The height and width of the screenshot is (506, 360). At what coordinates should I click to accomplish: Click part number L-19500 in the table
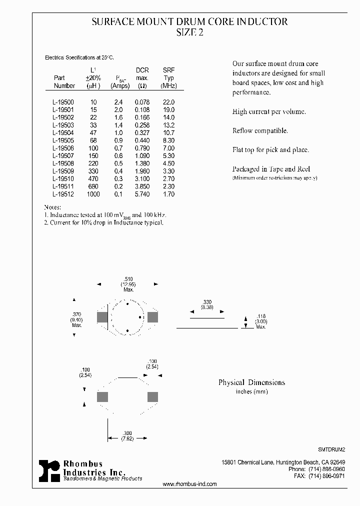click(x=63, y=101)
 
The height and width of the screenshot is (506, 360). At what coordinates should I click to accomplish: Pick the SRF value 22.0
click(x=168, y=101)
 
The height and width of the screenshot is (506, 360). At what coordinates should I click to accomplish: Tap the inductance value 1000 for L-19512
click(x=93, y=194)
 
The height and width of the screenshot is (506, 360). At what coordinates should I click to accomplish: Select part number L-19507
click(x=63, y=156)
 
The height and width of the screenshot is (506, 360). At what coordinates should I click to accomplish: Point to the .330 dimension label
click(x=207, y=301)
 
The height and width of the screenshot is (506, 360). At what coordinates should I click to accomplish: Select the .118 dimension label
click(x=260, y=316)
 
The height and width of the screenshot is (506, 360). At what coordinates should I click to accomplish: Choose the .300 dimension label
click(x=127, y=432)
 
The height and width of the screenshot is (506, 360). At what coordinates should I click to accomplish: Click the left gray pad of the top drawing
click(x=102, y=317)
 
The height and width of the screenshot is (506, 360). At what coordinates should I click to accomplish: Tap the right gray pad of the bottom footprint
click(x=152, y=397)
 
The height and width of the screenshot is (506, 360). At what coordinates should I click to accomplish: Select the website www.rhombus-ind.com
click(x=190, y=484)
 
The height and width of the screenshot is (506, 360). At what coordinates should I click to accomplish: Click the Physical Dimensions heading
click(x=251, y=382)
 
